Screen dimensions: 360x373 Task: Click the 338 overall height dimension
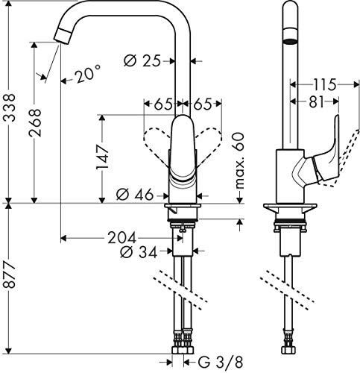coord(9,107)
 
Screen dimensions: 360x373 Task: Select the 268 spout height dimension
coord(35,122)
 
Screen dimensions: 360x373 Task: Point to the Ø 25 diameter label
coord(142,61)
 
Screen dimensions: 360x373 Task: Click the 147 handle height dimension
coord(102,157)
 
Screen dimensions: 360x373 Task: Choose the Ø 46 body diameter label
coord(135,195)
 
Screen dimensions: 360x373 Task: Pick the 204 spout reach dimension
coord(121,238)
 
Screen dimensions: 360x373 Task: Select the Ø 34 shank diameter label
coord(139,252)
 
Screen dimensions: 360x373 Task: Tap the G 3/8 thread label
coord(220,363)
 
